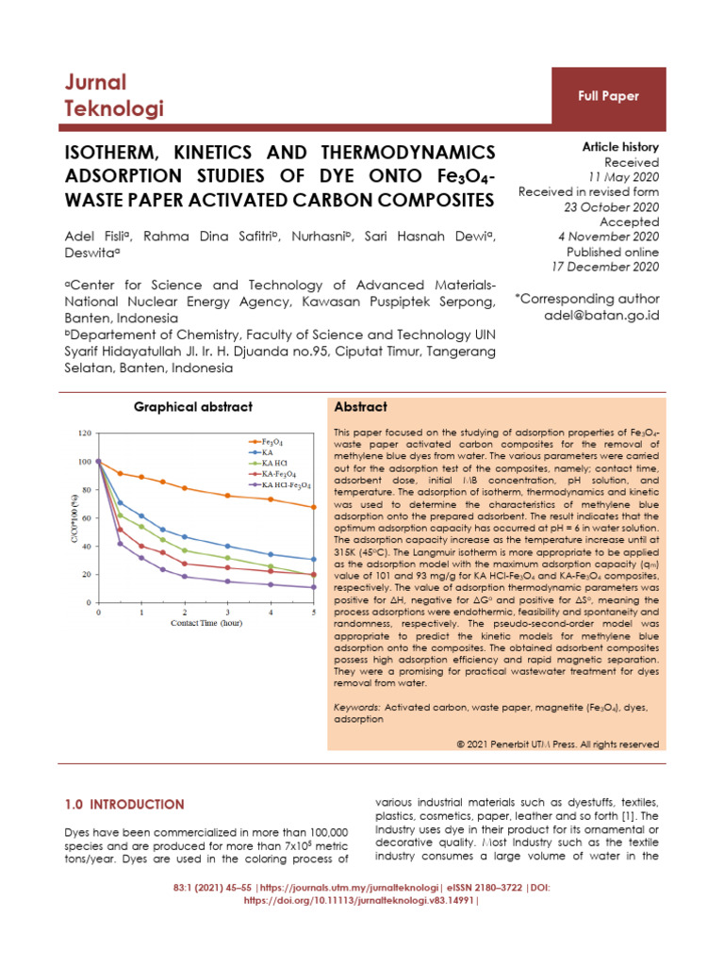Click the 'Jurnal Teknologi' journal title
tap(113, 95)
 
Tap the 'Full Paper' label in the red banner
tap(608, 96)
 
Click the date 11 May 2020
tap(623, 177)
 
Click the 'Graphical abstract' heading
tap(192, 407)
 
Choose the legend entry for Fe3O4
tap(271, 441)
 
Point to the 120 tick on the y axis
tap(85, 433)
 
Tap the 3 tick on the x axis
tap(227, 613)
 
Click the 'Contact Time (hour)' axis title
tap(205, 624)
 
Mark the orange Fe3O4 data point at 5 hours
tap(313, 507)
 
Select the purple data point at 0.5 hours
tap(120, 544)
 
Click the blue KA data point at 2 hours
tap(185, 537)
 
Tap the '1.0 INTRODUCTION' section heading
tap(124, 804)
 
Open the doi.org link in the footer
tap(361, 900)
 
